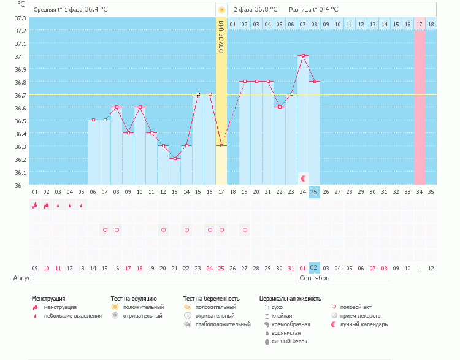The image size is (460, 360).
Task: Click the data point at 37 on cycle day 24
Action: pyautogui.click(x=302, y=55)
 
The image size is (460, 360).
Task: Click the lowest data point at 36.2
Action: pyautogui.click(x=175, y=158)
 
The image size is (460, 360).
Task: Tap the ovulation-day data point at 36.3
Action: pyautogui.click(x=221, y=145)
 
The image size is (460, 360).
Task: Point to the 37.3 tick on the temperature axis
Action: pyautogui.click(x=20, y=18)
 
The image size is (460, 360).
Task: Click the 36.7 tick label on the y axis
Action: pyautogui.click(x=20, y=95)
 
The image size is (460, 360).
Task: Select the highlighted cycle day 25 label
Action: pyautogui.click(x=314, y=191)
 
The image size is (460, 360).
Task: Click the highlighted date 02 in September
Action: pyautogui.click(x=314, y=268)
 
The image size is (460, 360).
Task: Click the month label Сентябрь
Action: pyautogui.click(x=315, y=278)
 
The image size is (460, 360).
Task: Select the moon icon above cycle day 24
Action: pyautogui.click(x=304, y=178)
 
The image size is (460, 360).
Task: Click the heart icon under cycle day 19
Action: pyautogui.click(x=245, y=230)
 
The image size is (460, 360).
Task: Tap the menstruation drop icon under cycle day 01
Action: pyautogui.click(x=34, y=205)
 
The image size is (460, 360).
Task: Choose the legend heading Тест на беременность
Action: pyautogui.click(x=209, y=298)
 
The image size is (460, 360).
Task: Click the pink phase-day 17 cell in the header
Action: pyautogui.click(x=419, y=24)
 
